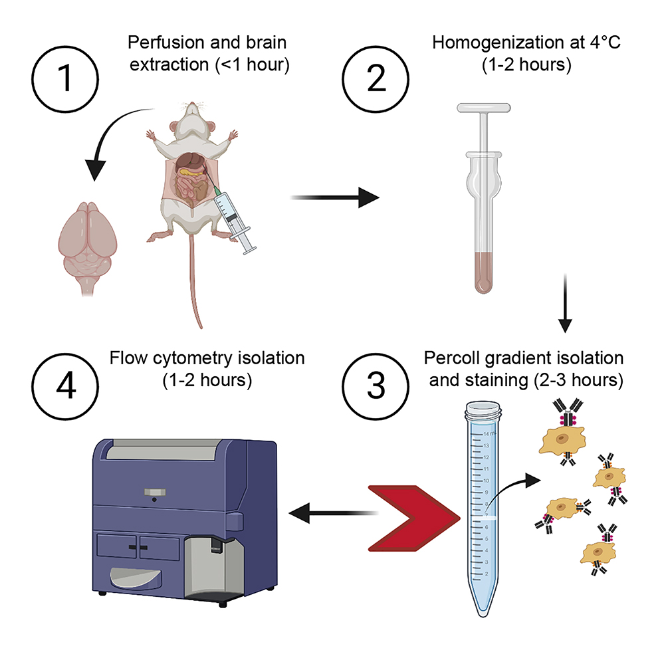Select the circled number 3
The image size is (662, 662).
[376, 387]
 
